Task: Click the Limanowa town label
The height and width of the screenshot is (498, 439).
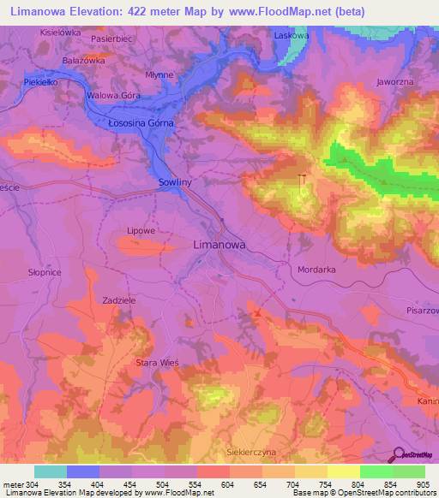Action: (x=218, y=245)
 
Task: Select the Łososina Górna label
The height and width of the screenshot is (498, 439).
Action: (x=141, y=123)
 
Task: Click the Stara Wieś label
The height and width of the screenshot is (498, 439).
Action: (x=157, y=363)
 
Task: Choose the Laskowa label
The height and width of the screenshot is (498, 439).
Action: (x=290, y=36)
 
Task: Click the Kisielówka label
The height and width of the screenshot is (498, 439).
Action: (x=60, y=32)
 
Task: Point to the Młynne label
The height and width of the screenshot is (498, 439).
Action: (x=159, y=75)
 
